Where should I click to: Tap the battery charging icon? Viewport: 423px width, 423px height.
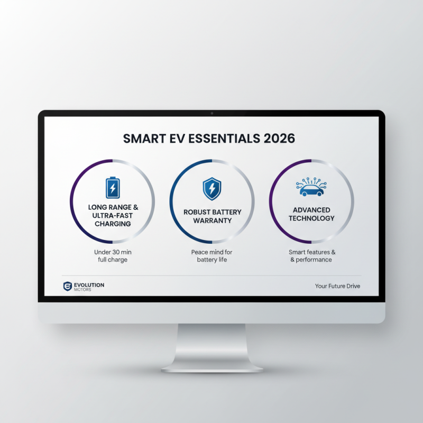click(113, 187)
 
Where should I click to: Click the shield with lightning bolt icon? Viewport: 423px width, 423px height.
click(212, 188)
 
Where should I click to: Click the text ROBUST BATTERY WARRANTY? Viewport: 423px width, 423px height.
click(212, 216)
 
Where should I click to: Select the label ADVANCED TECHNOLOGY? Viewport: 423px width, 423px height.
click(311, 214)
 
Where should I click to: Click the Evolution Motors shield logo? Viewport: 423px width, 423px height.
click(67, 287)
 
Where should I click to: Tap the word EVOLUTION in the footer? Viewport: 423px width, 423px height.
click(89, 285)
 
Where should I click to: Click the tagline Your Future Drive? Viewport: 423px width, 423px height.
click(337, 287)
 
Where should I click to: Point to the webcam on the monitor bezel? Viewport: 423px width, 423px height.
click(212, 113)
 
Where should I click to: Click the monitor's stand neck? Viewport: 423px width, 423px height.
click(212, 341)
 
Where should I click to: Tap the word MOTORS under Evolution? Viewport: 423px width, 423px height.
click(83, 290)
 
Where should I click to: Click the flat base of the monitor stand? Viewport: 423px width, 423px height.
click(212, 366)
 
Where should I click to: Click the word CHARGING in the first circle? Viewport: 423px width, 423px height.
click(113, 224)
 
